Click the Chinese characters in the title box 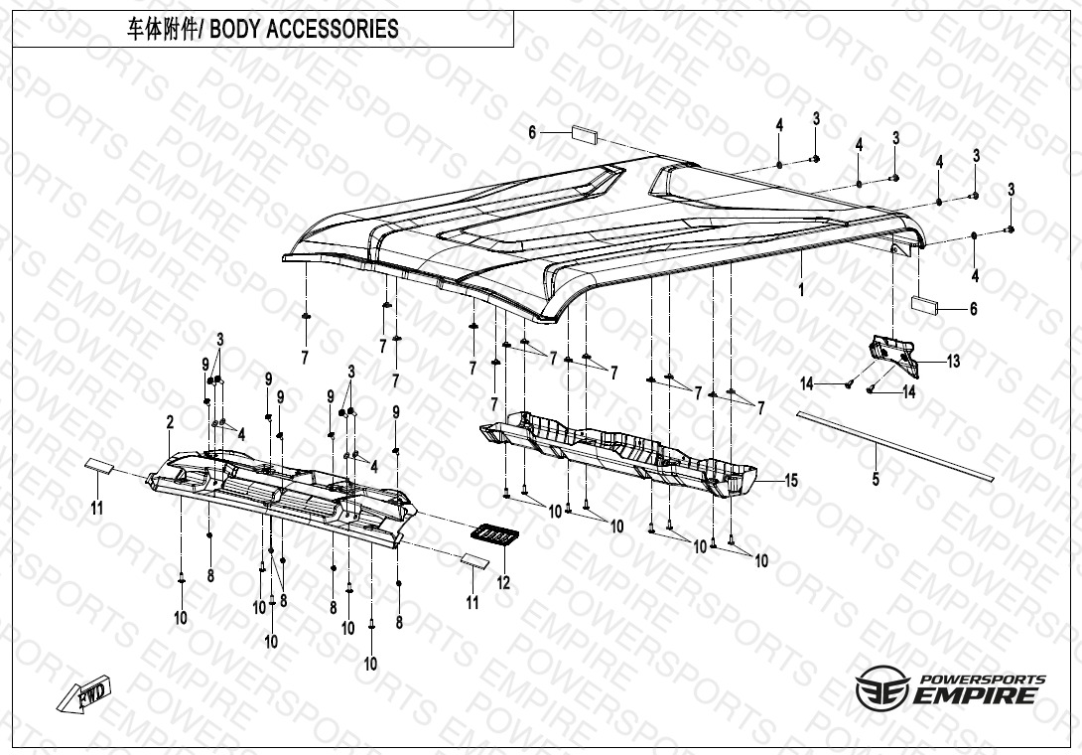click(x=162, y=29)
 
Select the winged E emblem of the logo click(x=879, y=688)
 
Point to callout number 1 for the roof click(x=800, y=289)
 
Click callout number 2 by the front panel click(x=170, y=422)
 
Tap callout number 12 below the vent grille click(x=503, y=583)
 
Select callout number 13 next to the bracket click(x=953, y=362)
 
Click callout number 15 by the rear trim click(x=790, y=481)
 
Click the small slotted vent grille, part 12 click(x=494, y=534)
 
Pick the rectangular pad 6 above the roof click(x=583, y=132)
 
